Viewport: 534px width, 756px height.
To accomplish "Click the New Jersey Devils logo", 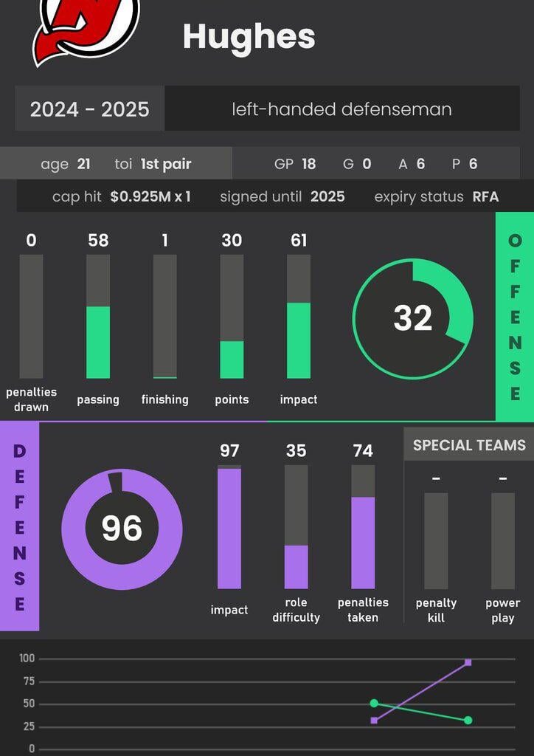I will click(85, 30).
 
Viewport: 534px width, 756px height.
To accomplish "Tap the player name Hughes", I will click(249, 36).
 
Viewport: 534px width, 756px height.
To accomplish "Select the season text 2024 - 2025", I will click(89, 109).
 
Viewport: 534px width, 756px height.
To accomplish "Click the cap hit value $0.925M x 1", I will click(150, 197).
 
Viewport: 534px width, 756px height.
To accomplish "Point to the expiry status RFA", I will click(486, 197).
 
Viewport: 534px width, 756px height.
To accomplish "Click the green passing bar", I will click(98, 342).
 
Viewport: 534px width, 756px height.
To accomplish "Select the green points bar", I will click(232, 360).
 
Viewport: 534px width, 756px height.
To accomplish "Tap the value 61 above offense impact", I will click(299, 240).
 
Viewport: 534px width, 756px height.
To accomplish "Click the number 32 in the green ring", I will click(412, 318).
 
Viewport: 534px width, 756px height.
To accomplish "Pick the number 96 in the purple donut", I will click(122, 529).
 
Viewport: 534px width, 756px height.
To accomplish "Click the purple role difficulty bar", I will click(296, 566).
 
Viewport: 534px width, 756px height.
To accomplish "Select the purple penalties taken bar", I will click(363, 543).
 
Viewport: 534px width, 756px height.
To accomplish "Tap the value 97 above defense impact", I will click(229, 450).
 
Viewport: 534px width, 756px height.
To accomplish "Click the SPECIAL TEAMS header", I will click(469, 445).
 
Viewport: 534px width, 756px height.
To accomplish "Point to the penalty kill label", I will click(436, 610).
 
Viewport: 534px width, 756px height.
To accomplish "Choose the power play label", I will click(503, 610).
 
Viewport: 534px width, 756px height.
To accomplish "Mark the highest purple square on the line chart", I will click(468, 662).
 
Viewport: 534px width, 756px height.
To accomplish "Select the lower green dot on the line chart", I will click(468, 720).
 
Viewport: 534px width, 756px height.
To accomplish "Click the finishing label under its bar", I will click(164, 399).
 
